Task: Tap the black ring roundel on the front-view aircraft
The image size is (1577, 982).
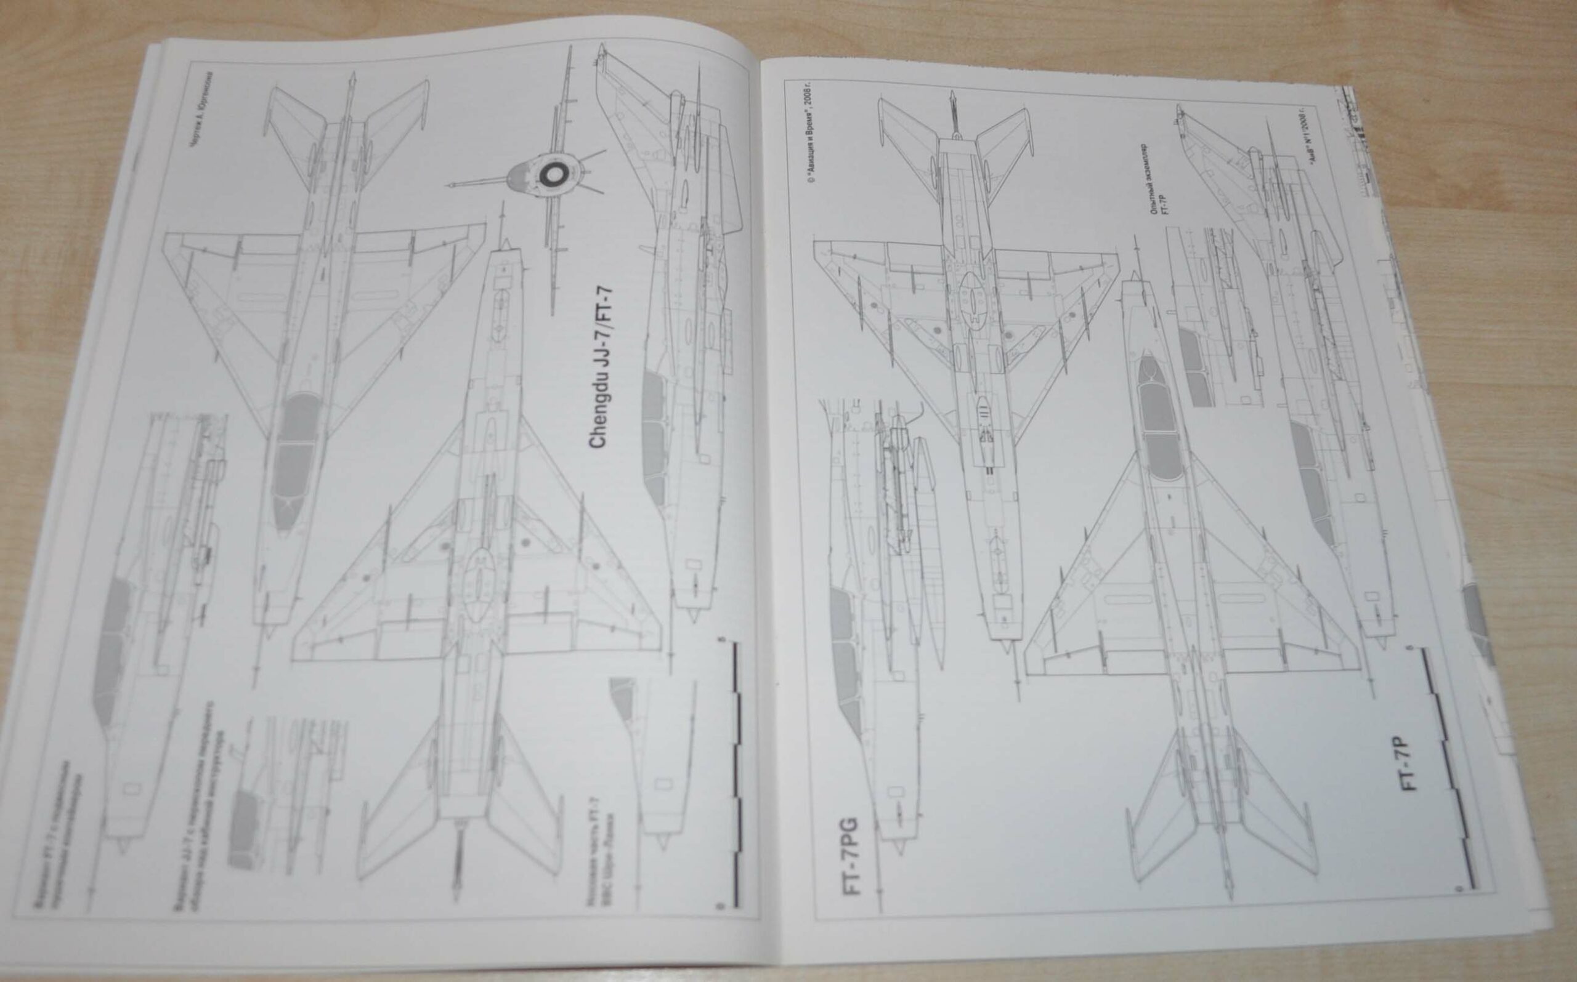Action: pos(553,174)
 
